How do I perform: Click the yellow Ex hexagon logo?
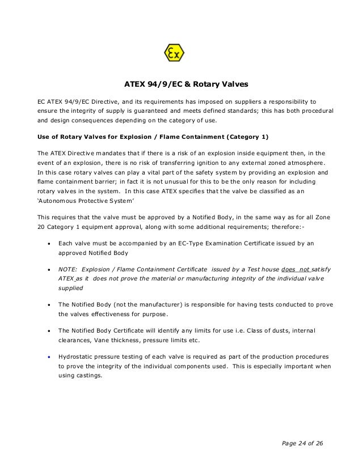coord(174,54)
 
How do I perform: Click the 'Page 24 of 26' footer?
coord(300,443)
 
